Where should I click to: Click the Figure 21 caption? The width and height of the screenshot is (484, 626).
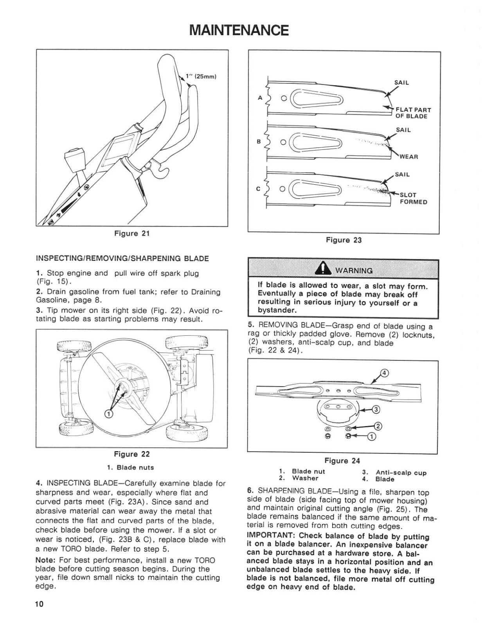[132, 234]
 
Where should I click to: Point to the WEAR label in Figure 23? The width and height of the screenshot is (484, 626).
[408, 156]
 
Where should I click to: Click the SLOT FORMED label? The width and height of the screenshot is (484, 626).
[413, 198]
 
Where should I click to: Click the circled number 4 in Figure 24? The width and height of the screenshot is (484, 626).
[385, 373]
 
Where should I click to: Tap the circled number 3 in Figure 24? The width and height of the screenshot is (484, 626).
[375, 410]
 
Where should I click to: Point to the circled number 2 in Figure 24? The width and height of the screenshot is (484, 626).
[378, 426]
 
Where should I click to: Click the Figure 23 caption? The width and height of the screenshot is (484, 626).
[344, 240]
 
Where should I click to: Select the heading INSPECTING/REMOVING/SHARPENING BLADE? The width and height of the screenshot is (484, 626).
[122, 259]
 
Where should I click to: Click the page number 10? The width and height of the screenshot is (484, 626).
[40, 604]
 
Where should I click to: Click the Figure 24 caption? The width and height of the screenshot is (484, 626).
[342, 461]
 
